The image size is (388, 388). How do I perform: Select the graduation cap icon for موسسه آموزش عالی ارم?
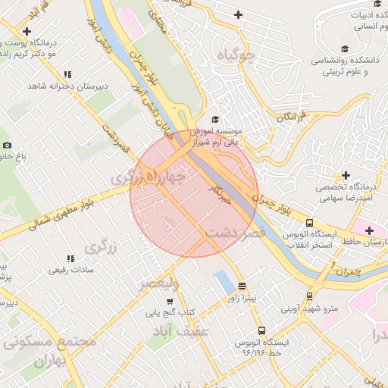click(214, 120)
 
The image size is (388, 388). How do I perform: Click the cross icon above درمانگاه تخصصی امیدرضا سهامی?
click(346, 176)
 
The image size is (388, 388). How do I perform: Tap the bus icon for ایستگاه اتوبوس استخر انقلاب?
click(309, 224)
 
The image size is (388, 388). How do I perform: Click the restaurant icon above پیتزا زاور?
click(242, 286)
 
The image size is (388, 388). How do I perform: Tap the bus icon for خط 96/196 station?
click(261, 330)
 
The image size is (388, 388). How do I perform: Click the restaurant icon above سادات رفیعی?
click(70, 258)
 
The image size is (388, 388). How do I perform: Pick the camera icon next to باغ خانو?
click(8, 145)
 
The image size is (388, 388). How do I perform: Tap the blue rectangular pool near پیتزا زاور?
click(224, 283)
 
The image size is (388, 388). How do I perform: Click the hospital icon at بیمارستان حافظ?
click(369, 230)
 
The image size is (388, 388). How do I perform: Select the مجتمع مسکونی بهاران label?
click(49, 349)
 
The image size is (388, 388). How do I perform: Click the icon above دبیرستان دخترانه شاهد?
click(67, 74)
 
